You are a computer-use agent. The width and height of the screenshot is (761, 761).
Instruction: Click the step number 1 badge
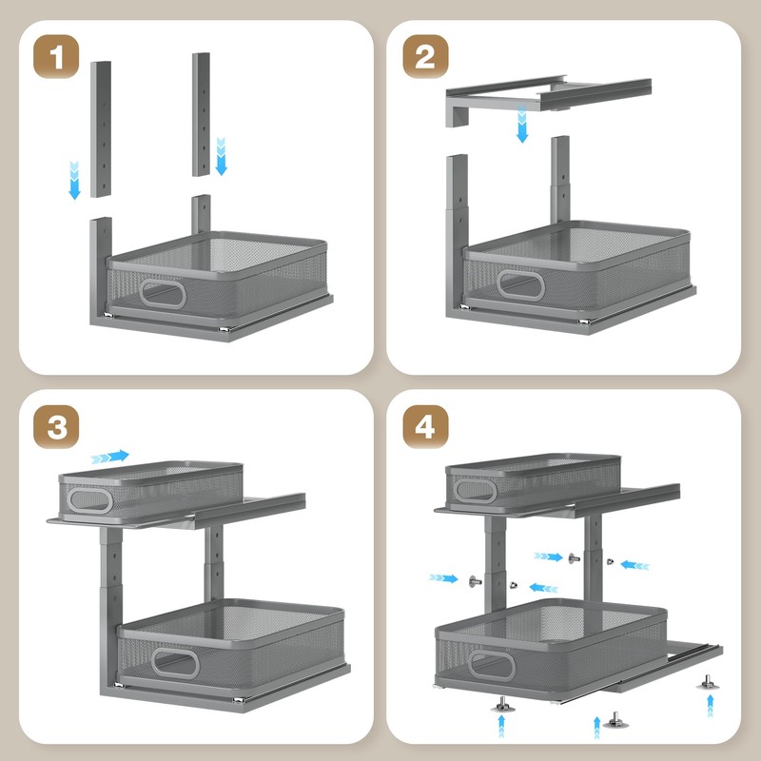pyautogui.click(x=56, y=56)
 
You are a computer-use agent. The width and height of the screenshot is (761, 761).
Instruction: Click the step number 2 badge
pyautogui.click(x=425, y=56)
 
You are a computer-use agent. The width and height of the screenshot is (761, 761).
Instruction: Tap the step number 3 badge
pyautogui.click(x=56, y=426)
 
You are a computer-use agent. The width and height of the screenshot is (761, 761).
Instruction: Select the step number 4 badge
pyautogui.click(x=425, y=426)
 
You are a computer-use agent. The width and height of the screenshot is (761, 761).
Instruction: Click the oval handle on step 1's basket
pyautogui.click(x=163, y=294)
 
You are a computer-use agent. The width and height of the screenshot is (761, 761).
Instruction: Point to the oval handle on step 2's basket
pyautogui.click(x=520, y=284)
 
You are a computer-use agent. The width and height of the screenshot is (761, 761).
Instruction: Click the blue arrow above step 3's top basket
pyautogui.click(x=109, y=457)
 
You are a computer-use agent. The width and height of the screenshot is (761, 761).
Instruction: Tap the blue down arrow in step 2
pyautogui.click(x=522, y=125)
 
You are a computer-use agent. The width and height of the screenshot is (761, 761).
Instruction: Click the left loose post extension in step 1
pyautogui.click(x=101, y=129)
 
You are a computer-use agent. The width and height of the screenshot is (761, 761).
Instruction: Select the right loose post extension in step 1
pyautogui.click(x=201, y=114)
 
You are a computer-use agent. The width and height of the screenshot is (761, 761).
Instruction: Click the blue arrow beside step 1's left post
pyautogui.click(x=74, y=180)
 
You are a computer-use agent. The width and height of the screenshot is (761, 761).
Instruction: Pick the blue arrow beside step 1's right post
pyautogui.click(x=221, y=156)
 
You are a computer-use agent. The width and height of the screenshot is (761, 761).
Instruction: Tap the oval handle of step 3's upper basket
pyautogui.click(x=89, y=500)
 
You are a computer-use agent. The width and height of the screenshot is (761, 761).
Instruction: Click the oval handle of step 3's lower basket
pyautogui.click(x=175, y=663)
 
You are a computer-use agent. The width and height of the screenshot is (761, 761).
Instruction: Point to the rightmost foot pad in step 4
pyautogui.click(x=708, y=682)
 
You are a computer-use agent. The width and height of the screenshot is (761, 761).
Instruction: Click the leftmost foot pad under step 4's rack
pyautogui.click(x=502, y=705)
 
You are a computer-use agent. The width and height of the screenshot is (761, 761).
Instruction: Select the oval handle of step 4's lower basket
pyautogui.click(x=492, y=665)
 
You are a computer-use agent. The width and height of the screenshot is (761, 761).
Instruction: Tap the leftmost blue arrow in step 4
pyautogui.click(x=443, y=578)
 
